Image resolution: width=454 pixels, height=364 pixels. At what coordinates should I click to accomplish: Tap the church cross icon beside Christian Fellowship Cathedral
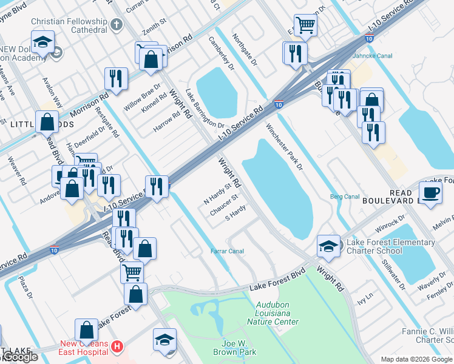pos(117,25)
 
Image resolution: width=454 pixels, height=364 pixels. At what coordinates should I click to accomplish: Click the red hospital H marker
pos(118,347)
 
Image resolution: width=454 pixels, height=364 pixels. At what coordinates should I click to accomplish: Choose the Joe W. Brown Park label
pos(235,347)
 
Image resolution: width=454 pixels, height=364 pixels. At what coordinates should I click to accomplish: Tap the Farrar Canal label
pos(227,251)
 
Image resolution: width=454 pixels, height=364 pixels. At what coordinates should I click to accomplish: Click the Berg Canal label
pos(344,197)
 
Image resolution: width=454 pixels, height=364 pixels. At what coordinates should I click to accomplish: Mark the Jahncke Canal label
pos(386,56)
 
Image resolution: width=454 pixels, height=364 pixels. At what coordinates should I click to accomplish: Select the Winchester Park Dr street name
pos(284,147)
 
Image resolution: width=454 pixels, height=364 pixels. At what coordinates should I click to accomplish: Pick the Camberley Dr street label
pos(221,53)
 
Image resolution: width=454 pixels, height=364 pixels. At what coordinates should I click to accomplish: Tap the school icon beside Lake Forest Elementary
pos(328,246)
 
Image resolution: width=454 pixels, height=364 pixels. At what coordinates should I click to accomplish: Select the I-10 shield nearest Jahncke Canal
pos(368,39)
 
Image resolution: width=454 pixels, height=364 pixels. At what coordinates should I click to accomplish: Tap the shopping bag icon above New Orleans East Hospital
pos(87,331)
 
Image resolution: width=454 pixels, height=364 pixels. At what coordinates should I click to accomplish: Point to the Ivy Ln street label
pos(363,300)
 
